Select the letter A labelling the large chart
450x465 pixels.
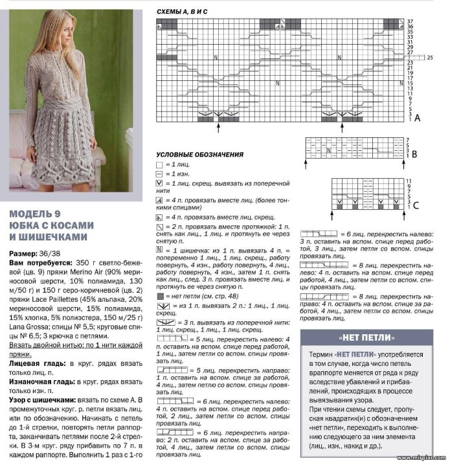pos(418,118)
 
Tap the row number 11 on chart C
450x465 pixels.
pos(409,180)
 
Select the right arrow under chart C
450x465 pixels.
pos(394,212)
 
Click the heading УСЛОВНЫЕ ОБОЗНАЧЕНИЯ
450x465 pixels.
pos(199,155)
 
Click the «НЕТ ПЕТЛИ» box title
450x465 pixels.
pos(366,339)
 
